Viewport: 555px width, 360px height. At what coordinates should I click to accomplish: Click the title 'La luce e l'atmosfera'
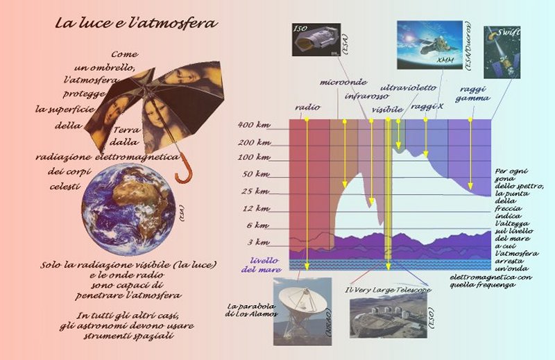(136, 23)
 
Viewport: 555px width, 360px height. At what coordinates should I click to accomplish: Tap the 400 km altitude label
(254, 125)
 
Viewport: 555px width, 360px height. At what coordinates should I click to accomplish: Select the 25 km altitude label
(255, 191)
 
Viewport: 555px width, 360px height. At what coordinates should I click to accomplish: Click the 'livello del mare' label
(262, 265)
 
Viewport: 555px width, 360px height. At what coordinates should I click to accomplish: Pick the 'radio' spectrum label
(307, 107)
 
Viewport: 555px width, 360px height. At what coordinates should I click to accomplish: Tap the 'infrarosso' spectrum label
(367, 96)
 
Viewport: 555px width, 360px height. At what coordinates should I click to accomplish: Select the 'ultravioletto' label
(409, 87)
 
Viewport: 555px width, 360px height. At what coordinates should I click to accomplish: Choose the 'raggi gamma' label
(472, 94)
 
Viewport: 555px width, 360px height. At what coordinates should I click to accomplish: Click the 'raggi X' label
(427, 106)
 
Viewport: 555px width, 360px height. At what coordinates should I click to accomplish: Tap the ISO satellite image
(316, 40)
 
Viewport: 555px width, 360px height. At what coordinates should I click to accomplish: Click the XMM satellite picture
(429, 45)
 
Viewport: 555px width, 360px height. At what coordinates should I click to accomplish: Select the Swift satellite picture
(502, 53)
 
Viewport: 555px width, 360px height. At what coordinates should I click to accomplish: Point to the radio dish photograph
(302, 311)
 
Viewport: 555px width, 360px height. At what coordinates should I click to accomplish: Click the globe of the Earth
(128, 209)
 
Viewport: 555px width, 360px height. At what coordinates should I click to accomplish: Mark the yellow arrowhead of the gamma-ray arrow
(470, 186)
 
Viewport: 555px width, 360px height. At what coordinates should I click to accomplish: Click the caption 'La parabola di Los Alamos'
(251, 310)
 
